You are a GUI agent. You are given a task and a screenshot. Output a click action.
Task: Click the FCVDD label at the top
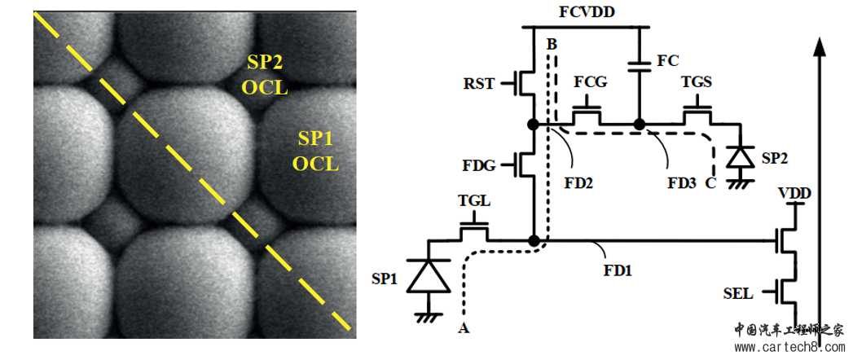click(587, 12)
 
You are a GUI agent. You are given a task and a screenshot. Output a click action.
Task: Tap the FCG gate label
click(589, 83)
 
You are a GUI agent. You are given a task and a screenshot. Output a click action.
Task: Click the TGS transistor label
click(697, 83)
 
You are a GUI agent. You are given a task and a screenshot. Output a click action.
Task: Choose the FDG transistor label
click(478, 165)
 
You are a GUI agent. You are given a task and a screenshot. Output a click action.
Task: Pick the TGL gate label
click(474, 200)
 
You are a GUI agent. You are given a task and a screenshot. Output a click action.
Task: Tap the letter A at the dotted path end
click(464, 328)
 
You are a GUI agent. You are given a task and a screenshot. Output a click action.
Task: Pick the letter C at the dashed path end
click(710, 183)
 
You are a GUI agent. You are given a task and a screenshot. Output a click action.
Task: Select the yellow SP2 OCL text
click(268, 74)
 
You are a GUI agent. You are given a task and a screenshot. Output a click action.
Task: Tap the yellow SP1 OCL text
click(314, 151)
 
